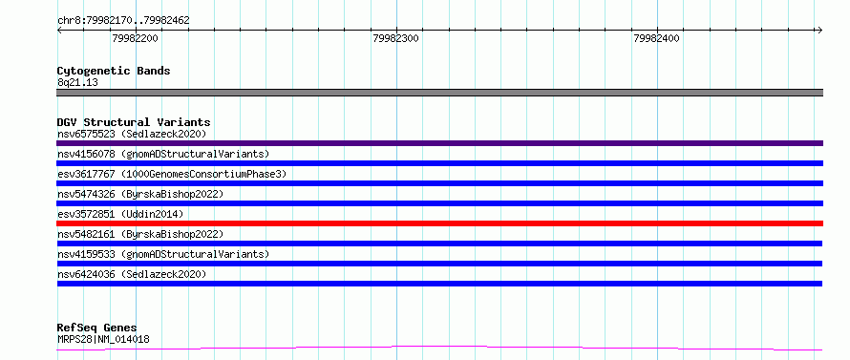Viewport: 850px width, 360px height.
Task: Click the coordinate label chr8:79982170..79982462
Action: click(123, 21)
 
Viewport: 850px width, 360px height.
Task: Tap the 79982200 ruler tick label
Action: click(135, 38)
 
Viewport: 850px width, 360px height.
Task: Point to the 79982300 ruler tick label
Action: click(396, 38)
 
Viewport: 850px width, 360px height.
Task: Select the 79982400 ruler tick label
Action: click(656, 38)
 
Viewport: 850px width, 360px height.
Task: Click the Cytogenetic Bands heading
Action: click(114, 71)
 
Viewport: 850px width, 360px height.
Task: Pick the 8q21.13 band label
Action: click(77, 83)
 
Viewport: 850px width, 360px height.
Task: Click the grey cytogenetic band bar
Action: click(440, 93)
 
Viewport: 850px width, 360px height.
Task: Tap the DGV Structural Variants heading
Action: click(134, 122)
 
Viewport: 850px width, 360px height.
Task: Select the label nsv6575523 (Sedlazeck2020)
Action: click(132, 134)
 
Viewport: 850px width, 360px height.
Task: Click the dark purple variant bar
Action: click(440, 143)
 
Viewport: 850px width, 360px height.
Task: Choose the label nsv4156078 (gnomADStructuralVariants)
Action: click(163, 154)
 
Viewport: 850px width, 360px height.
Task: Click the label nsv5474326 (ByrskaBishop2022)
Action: click(140, 194)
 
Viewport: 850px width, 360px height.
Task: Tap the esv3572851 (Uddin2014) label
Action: click(120, 214)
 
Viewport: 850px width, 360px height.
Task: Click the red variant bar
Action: click(440, 223)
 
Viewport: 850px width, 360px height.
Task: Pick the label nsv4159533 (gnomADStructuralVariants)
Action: click(163, 254)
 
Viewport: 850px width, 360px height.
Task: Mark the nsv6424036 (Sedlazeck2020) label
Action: click(132, 274)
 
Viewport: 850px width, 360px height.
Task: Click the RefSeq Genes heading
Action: click(97, 328)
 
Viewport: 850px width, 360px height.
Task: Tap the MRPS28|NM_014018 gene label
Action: click(103, 340)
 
